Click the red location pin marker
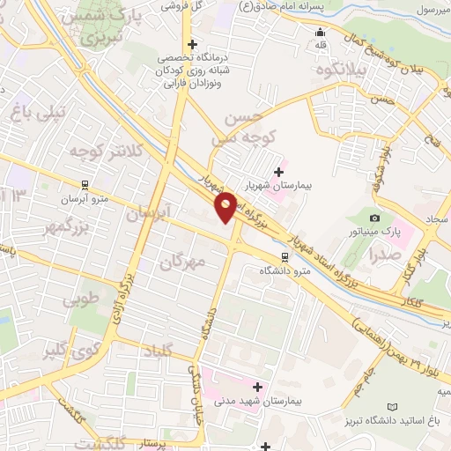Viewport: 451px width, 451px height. click(226, 207)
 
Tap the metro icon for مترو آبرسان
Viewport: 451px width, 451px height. click(85, 185)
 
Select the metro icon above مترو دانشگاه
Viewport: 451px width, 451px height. click(284, 255)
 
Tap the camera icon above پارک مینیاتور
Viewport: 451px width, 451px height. click(376, 218)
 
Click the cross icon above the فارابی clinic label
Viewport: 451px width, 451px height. click(191, 44)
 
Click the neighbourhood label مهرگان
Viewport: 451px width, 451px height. click(182, 261)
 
